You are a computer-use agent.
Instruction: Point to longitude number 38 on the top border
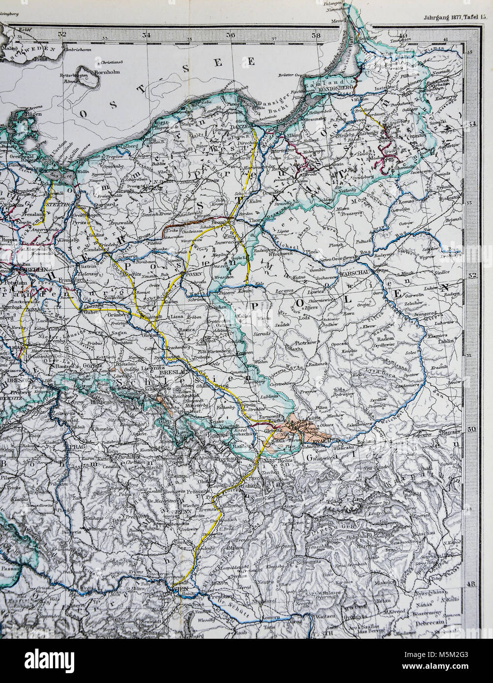coord(316,35)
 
